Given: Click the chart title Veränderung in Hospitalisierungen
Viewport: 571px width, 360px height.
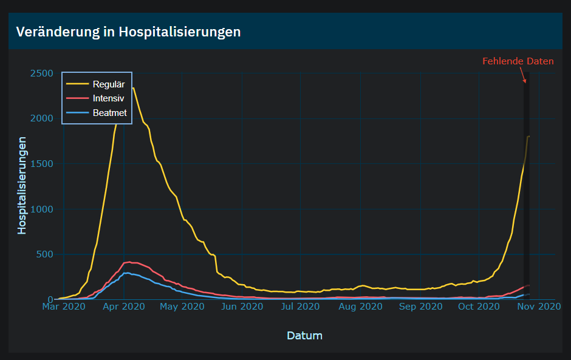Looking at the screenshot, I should pos(128,32).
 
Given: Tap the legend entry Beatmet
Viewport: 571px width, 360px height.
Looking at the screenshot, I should pos(109,112).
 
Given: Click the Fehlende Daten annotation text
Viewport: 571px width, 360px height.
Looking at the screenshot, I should pos(518,61).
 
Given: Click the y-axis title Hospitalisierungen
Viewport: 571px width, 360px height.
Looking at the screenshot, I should pos(22,185).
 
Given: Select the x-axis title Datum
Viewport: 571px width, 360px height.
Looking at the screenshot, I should pos(304,335).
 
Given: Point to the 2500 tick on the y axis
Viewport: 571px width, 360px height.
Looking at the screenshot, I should pos(41,73).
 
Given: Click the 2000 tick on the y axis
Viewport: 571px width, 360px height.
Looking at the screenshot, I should pos(41,118).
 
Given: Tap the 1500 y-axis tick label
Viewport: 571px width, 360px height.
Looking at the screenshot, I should pos(41,164).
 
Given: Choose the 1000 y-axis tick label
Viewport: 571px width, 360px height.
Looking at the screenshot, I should pos(41,209).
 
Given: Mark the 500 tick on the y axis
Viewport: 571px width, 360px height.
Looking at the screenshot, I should pos(44,254).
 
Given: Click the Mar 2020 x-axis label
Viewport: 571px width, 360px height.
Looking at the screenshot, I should pos(63,307).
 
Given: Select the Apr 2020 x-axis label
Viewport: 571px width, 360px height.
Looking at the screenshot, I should pos(123,307).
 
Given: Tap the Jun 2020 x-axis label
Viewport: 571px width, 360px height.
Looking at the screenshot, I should pos(242,307).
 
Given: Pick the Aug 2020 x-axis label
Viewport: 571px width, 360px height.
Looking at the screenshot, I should pos(360,307).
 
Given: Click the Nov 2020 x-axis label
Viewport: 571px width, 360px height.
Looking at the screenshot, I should pos(538,307).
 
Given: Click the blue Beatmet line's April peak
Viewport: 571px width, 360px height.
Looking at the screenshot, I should pos(128,273).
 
